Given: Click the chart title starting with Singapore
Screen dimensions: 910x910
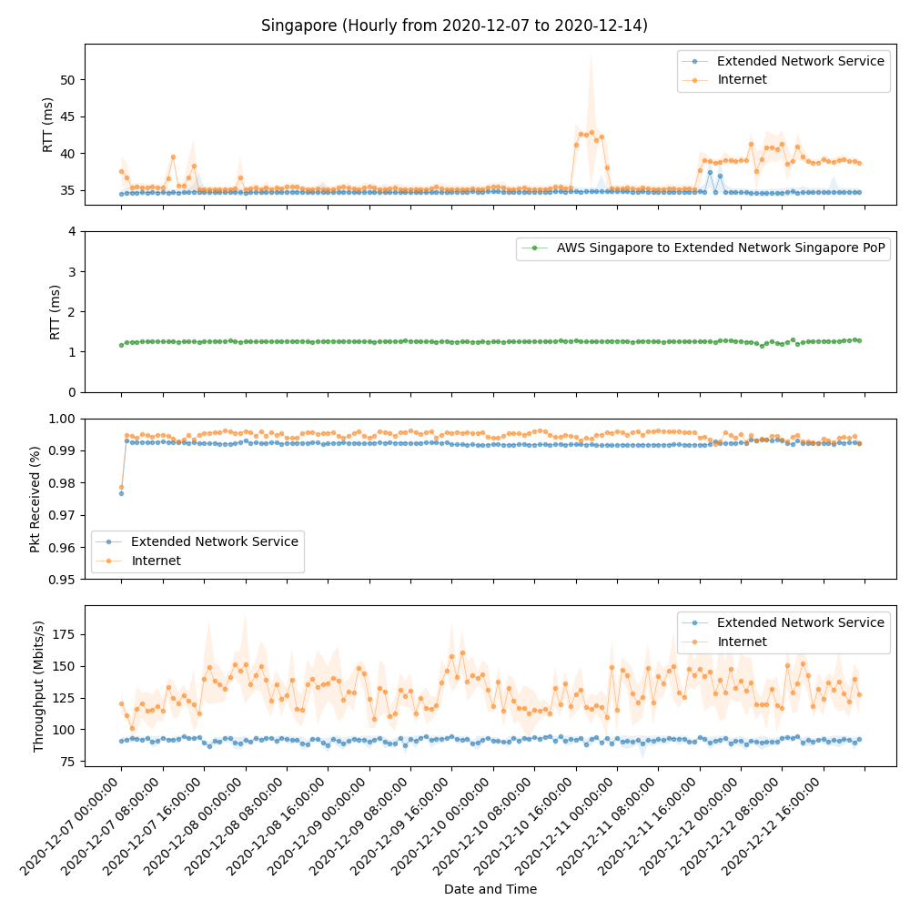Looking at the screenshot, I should pyautogui.click(x=454, y=25).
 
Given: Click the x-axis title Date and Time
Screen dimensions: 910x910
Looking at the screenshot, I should pyautogui.click(x=490, y=889).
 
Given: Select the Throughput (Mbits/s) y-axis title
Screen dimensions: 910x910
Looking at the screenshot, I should pyautogui.click(x=38, y=686).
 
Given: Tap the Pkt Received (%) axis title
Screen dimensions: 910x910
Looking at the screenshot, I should pyautogui.click(x=35, y=499).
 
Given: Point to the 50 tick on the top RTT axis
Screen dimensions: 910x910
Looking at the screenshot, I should pyautogui.click(x=68, y=79).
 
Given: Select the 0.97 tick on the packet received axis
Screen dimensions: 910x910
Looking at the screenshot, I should pyautogui.click(x=64, y=515).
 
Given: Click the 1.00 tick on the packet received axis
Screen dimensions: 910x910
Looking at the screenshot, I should pyautogui.click(x=64, y=419).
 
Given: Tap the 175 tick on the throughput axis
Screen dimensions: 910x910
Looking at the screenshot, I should pyautogui.click(x=66, y=634).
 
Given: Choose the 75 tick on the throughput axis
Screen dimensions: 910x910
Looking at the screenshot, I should pyautogui.click(x=68, y=761).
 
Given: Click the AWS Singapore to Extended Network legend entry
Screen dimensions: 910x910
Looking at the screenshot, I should pyautogui.click(x=720, y=248).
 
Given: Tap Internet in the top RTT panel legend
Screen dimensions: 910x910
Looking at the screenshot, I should pyautogui.click(x=742, y=79).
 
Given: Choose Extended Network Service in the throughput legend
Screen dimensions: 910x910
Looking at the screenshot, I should pyautogui.click(x=800, y=622).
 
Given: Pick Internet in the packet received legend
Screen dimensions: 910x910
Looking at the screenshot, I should pyautogui.click(x=156, y=561).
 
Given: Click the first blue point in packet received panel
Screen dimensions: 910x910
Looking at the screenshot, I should pyautogui.click(x=121, y=493).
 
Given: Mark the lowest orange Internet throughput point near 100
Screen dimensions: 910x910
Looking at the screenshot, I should pyautogui.click(x=132, y=728).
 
